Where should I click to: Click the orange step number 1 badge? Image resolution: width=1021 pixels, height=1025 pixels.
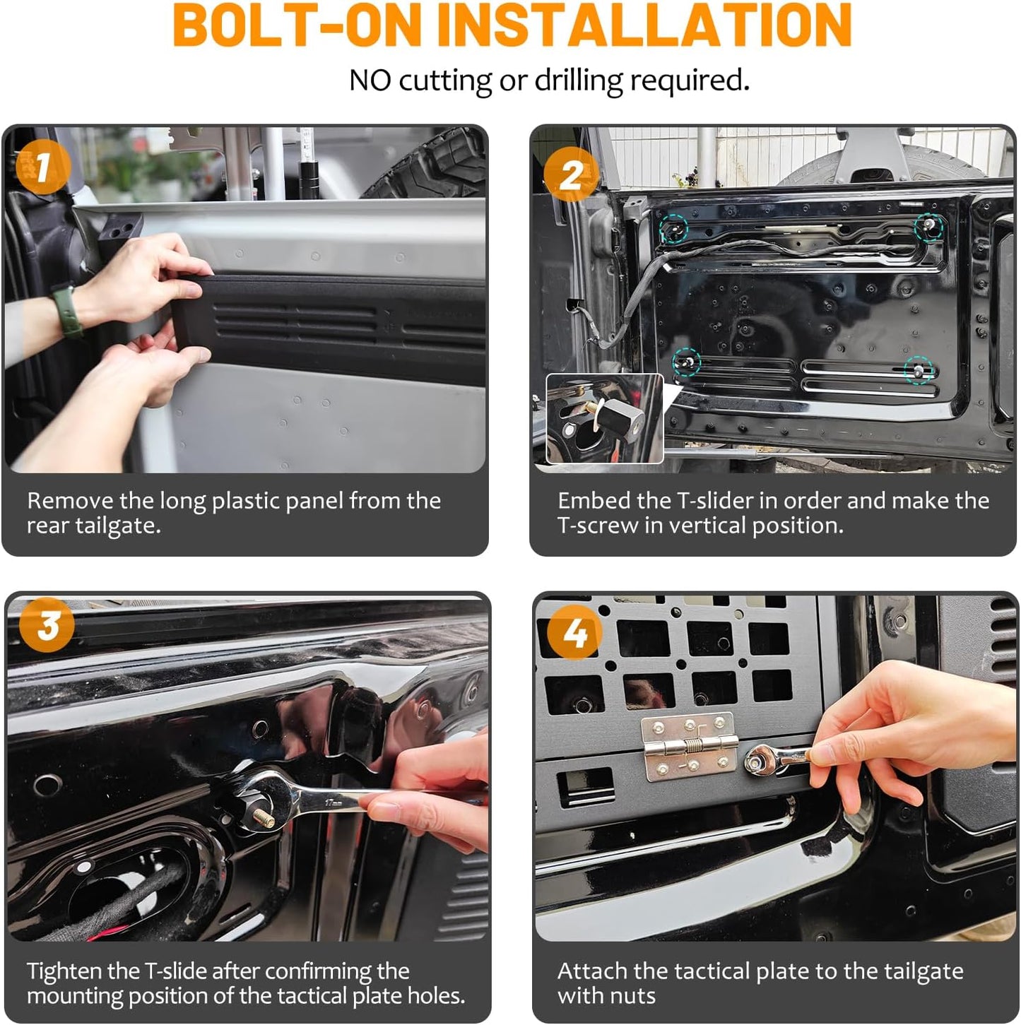(x=43, y=167)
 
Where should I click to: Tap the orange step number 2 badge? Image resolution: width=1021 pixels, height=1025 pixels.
(x=572, y=175)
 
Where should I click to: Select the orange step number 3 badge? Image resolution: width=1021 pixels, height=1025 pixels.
(x=47, y=624)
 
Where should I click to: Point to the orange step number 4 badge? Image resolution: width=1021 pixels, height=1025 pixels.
(x=574, y=632)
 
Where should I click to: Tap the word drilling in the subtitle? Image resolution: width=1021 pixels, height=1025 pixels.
(x=579, y=81)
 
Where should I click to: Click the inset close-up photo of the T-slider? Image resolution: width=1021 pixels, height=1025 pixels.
(x=604, y=418)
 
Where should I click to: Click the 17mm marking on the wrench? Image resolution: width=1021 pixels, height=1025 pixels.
(x=334, y=802)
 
